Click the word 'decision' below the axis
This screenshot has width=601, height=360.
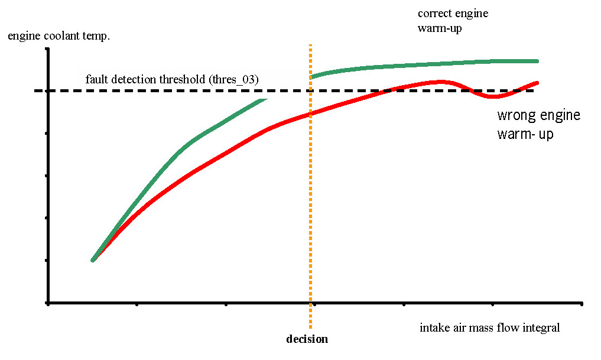click(307, 339)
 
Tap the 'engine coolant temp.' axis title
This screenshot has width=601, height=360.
click(59, 37)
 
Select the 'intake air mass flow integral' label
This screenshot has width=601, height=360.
click(489, 327)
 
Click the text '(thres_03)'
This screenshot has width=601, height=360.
click(236, 79)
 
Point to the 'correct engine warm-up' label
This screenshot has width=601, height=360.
click(453, 21)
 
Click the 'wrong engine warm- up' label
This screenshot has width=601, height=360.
click(538, 124)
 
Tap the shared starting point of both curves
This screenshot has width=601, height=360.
click(93, 260)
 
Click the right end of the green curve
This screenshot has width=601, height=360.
click(537, 61)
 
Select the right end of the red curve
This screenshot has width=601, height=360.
click(537, 83)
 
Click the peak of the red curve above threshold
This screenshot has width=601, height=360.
click(440, 82)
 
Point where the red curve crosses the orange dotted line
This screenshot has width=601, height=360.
click(310, 113)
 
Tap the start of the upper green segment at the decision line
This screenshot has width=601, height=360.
click(311, 77)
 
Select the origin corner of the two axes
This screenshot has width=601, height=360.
click(47, 304)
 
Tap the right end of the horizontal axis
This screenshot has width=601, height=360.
click(582, 304)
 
